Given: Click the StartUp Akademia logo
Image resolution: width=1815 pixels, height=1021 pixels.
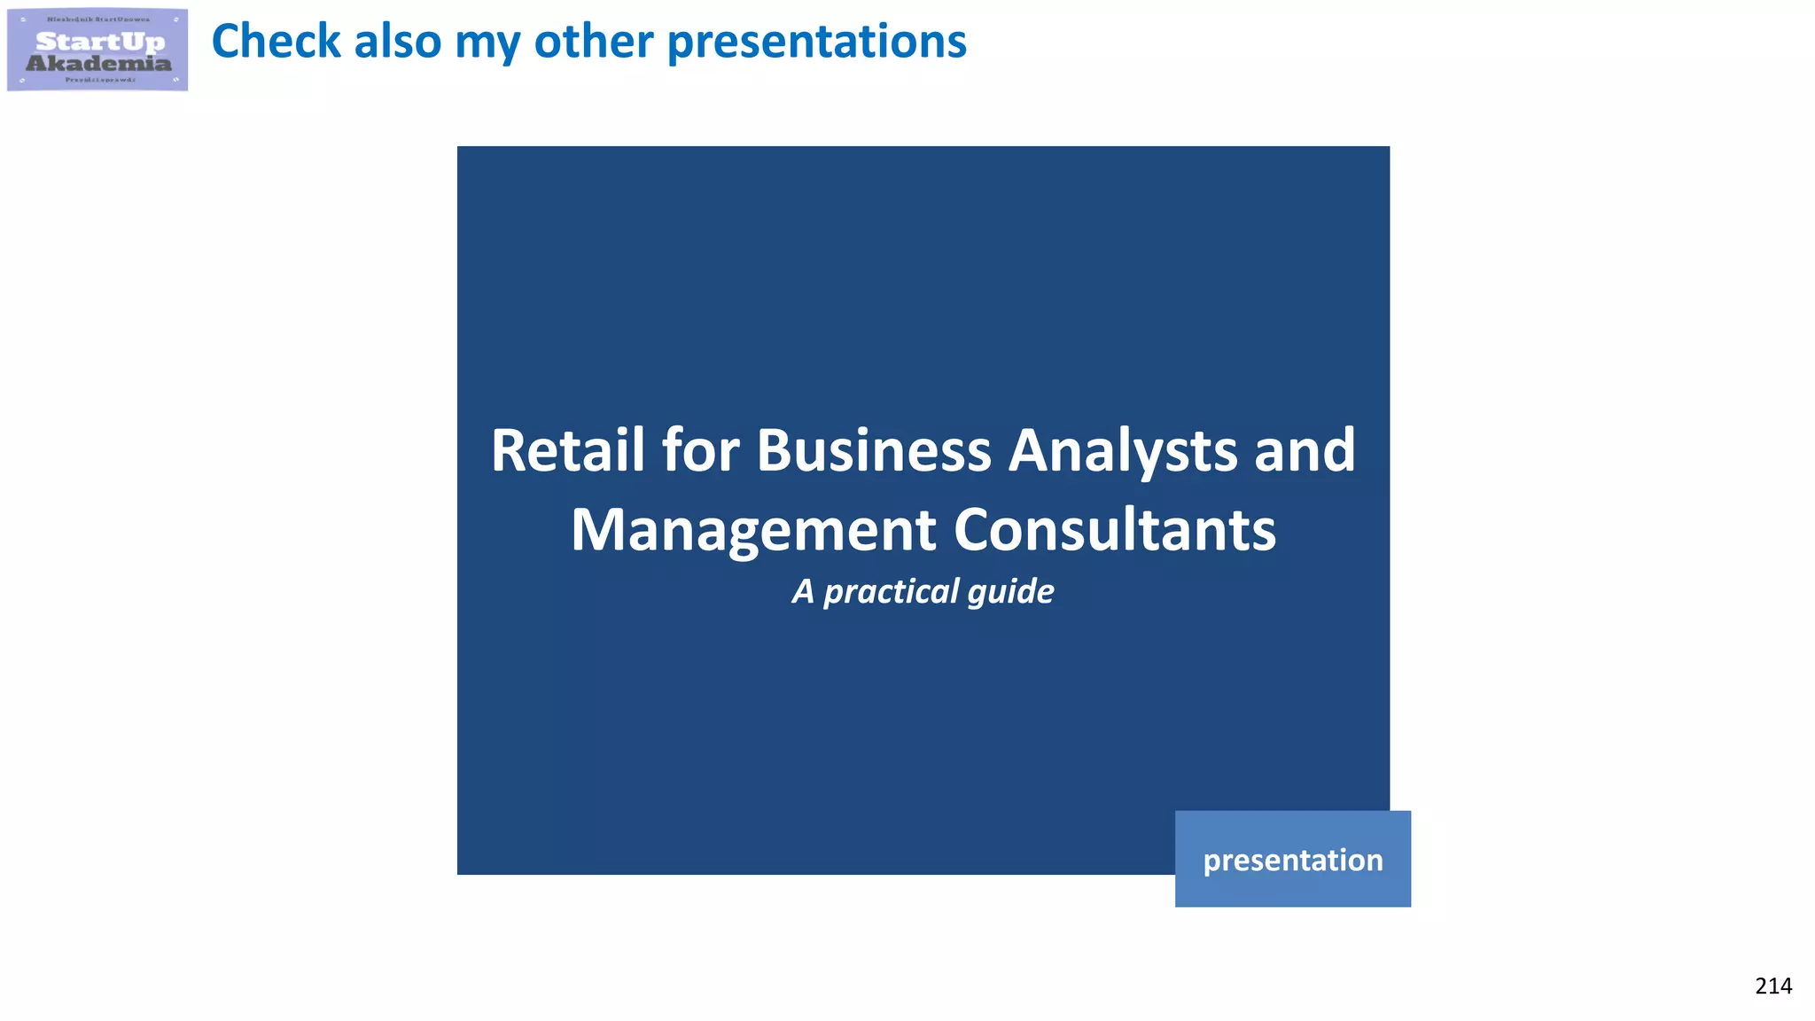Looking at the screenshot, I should click(x=97, y=50).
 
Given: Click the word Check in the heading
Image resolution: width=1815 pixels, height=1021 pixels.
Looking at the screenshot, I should click(x=276, y=42).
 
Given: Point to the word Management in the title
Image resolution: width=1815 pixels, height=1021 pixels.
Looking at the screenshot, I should click(x=753, y=530).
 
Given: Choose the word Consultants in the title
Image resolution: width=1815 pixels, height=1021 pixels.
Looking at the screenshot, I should click(x=1115, y=530).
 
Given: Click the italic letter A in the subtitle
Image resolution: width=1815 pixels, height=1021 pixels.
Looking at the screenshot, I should click(x=803, y=591).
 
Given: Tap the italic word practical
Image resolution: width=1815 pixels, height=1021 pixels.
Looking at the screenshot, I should click(x=892, y=592).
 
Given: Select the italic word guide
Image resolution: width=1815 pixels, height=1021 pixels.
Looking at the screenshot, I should click(x=1011, y=592).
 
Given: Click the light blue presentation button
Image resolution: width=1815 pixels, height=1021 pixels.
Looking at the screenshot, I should click(x=1292, y=859).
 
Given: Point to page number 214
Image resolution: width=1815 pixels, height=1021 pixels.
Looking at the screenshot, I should click(x=1772, y=986).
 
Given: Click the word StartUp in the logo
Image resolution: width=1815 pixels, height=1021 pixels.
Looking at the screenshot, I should click(x=100, y=42).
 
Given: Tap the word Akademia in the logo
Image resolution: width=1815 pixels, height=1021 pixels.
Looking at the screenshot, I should click(x=98, y=63).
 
